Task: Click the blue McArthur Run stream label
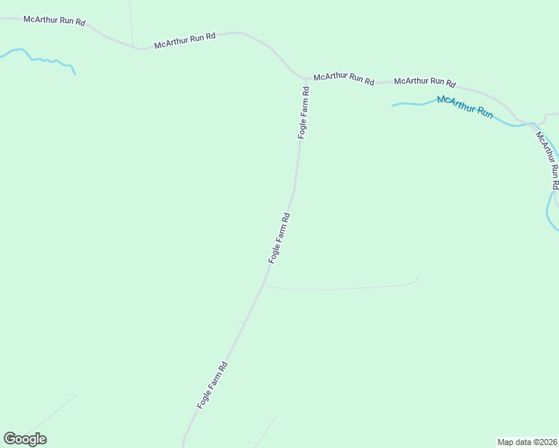[465, 108]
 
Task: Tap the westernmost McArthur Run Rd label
[54, 20]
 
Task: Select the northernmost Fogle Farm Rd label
[303, 113]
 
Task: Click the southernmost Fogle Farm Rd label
[212, 385]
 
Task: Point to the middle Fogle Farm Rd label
[279, 237]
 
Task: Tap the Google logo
[25, 439]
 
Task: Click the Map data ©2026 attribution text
[527, 441]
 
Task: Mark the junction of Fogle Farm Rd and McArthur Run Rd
[306, 78]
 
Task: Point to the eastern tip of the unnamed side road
[419, 276]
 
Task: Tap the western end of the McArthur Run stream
[393, 105]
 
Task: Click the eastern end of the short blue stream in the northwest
[75, 73]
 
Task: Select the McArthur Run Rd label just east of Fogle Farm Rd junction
[344, 78]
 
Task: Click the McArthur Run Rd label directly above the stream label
[424, 82]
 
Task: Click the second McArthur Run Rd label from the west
[185, 40]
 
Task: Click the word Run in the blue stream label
[484, 113]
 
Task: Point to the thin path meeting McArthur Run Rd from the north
[132, 30]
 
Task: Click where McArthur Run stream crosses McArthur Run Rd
[532, 123]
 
